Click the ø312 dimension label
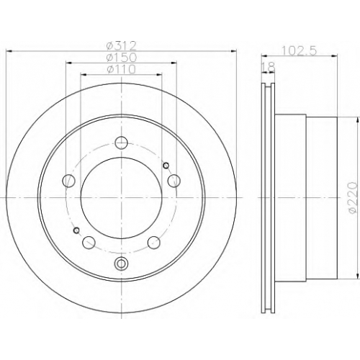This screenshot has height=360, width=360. click(122, 45)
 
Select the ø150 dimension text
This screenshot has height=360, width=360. click(122, 58)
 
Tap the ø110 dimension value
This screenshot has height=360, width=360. click(122, 70)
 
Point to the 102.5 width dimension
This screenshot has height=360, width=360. click(300, 50)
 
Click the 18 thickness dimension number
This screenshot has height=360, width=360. click(268, 67)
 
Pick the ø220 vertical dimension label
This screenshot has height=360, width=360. click(352, 197)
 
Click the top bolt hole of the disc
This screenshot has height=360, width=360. click(121, 143)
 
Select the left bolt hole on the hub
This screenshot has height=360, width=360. click(68, 181)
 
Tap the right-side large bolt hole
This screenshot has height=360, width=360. click(174, 181)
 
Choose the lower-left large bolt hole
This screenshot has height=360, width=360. click(89, 243)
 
